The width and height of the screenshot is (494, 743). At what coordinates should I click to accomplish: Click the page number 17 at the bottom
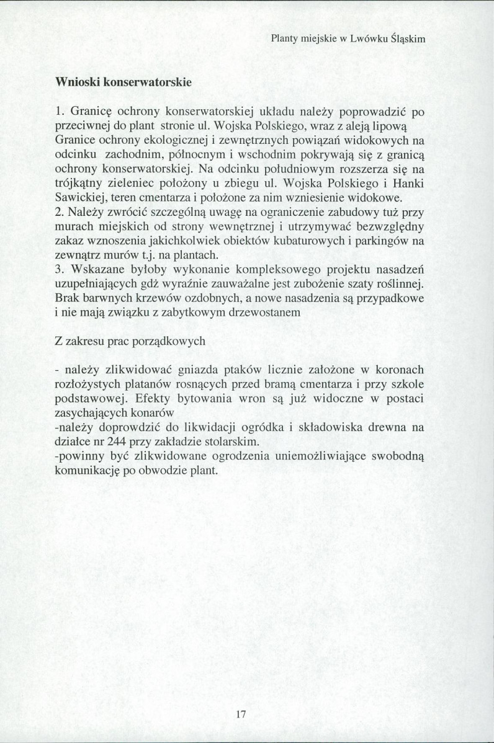click(x=241, y=714)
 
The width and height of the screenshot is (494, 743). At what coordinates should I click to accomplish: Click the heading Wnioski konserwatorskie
click(x=123, y=82)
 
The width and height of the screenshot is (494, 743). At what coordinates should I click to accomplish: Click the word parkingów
click(x=385, y=241)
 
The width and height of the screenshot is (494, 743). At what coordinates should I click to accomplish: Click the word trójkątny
click(x=79, y=184)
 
